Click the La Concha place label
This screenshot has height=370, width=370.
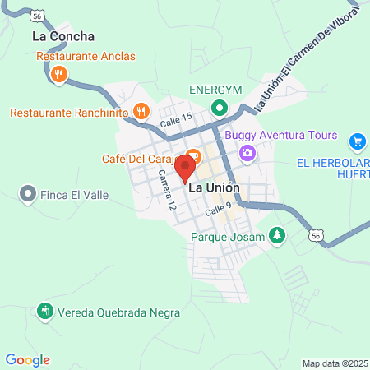point(63,36)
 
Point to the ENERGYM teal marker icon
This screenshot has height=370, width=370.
point(220,107)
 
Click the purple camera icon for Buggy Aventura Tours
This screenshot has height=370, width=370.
point(246,153)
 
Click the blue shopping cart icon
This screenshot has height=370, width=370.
point(357,141)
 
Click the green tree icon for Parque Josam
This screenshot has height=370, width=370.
point(278,237)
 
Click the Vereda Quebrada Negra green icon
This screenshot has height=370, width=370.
point(44,311)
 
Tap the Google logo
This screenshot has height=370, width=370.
point(27,360)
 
